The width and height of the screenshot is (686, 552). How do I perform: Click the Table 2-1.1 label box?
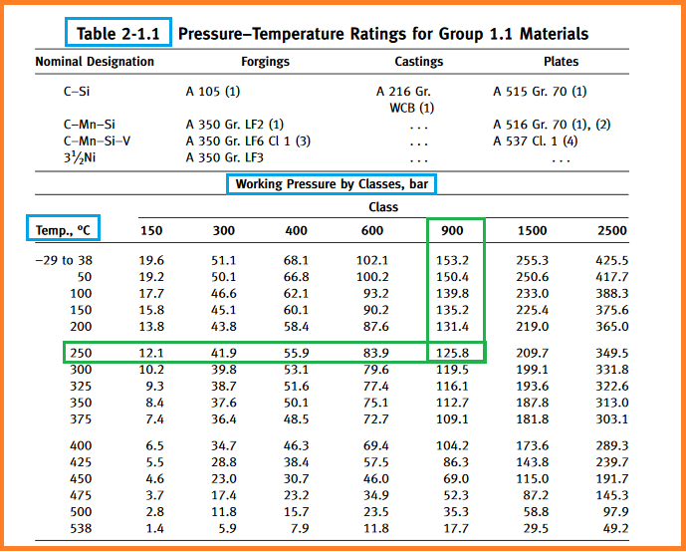[118, 33]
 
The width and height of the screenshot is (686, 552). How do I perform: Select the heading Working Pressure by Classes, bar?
[331, 184]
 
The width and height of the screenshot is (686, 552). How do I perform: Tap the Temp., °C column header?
[64, 230]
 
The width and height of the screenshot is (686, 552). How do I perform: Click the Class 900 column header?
[455, 230]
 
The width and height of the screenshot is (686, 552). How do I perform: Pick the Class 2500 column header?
[611, 230]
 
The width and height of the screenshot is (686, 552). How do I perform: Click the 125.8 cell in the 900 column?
[455, 352]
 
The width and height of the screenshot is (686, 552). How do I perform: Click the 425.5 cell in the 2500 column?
[611, 260]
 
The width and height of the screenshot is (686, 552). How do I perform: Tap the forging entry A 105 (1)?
[213, 92]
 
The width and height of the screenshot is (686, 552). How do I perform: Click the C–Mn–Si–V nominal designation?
[98, 140]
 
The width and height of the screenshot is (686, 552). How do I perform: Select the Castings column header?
[418, 61]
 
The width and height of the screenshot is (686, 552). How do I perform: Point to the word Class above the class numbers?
[382, 207]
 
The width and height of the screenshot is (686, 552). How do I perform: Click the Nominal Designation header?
[95, 61]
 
